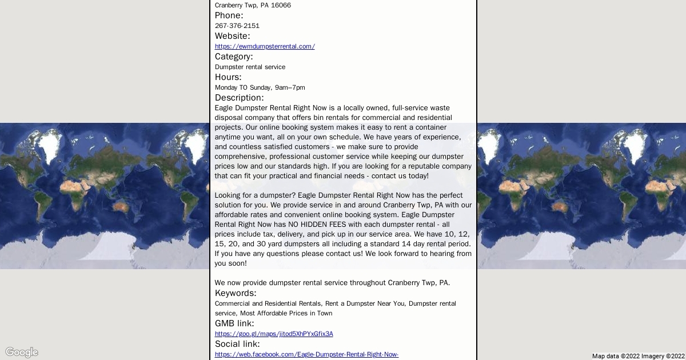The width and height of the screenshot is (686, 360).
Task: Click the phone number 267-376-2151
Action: [x=237, y=26]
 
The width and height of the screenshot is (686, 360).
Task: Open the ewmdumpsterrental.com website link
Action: [x=265, y=46]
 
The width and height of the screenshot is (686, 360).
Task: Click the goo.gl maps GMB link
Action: [x=274, y=334]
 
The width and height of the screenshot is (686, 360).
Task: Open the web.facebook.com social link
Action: [x=306, y=354]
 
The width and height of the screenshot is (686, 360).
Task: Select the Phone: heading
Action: [x=229, y=15]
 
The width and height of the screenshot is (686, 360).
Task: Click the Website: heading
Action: [x=232, y=36]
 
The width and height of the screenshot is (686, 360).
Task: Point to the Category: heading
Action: [x=234, y=57]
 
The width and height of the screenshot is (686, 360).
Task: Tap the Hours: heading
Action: [x=228, y=77]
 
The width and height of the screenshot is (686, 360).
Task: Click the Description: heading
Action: [x=239, y=98]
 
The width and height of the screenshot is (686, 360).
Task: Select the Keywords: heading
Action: [x=236, y=293]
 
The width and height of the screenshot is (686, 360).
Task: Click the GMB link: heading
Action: [x=234, y=323]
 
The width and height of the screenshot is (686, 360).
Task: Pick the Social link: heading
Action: [x=237, y=344]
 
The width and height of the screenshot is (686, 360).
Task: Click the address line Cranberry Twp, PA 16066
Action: [x=253, y=5]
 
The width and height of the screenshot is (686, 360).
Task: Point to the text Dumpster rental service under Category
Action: [x=250, y=67]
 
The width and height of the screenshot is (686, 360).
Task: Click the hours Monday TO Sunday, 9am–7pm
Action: [x=260, y=87]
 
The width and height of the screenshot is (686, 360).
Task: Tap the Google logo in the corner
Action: [x=22, y=352]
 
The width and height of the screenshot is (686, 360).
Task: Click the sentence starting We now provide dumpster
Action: [x=332, y=283]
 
